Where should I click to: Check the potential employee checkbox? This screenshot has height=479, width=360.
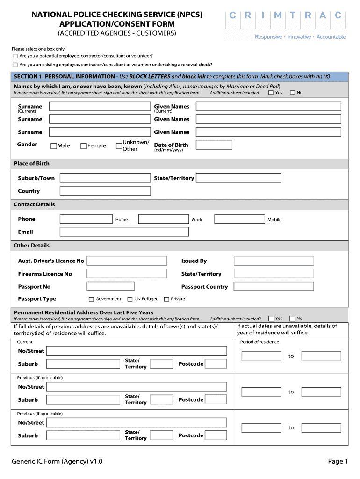point(15,56)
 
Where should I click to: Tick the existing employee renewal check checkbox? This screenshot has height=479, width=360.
point(15,65)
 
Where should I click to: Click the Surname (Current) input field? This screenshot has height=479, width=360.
point(100,107)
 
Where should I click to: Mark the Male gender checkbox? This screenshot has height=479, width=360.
point(54,146)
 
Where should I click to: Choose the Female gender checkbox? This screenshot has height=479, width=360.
point(84,146)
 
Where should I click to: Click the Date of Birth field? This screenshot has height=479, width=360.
point(214,145)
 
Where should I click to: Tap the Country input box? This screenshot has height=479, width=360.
point(105,191)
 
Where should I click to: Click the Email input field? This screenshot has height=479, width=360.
point(124,232)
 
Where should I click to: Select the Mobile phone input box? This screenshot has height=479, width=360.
point(239,219)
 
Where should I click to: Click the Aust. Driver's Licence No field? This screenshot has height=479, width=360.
point(127,261)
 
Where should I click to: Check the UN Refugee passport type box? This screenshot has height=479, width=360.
point(130,299)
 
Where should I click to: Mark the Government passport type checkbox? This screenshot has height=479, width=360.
point(91,299)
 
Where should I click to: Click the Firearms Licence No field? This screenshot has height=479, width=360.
point(127,274)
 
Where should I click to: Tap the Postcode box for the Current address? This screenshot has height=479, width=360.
point(216,364)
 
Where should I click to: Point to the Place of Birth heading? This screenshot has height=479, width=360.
point(32,164)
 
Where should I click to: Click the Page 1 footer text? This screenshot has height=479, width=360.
point(338,462)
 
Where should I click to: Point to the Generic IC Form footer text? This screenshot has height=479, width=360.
point(57,462)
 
